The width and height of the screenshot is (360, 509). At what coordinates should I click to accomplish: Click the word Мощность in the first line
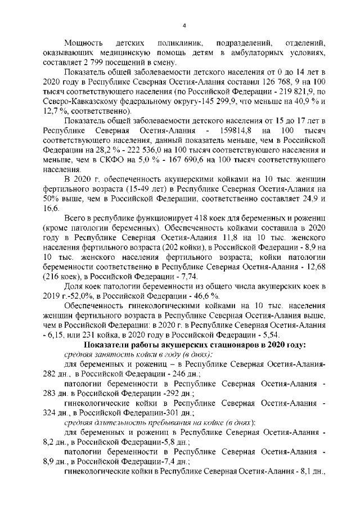(82, 43)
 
